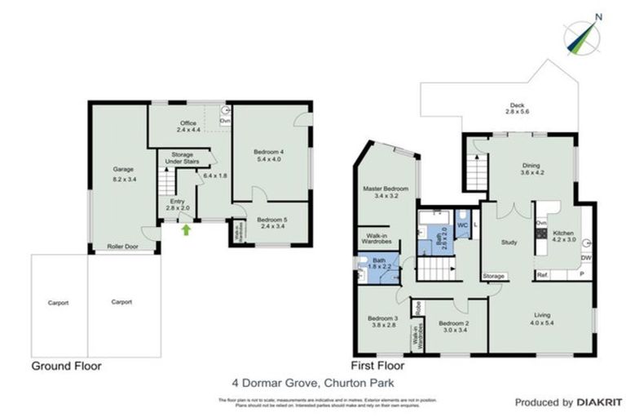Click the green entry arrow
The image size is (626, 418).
[186, 230]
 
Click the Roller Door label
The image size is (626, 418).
[123, 245]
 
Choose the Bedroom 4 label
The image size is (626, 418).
[268, 156]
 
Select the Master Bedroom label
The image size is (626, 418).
[383, 193]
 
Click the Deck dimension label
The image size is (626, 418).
[518, 108]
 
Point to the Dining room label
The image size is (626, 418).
[531, 169]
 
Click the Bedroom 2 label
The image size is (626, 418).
[449, 327]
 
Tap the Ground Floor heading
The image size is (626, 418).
[66, 367]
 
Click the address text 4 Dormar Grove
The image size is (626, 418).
[312, 381]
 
